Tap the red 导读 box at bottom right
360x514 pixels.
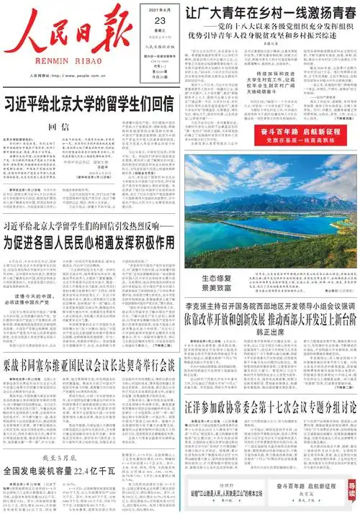click(351, 491)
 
